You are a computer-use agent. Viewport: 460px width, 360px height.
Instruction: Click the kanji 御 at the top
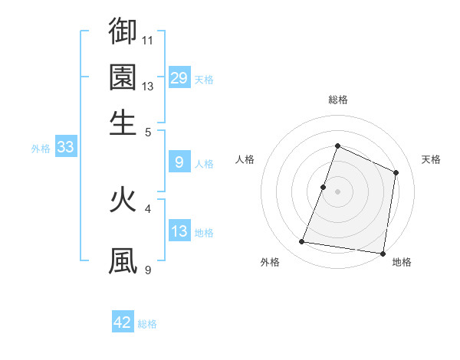click(x=123, y=31)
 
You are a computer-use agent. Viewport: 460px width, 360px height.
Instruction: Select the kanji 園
click(x=123, y=77)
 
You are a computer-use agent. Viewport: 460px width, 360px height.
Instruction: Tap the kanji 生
click(x=123, y=123)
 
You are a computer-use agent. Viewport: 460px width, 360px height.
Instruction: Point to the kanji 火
click(x=123, y=200)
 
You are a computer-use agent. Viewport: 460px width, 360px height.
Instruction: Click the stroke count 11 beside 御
click(x=149, y=40)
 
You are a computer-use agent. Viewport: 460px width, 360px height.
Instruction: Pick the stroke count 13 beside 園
click(x=149, y=86)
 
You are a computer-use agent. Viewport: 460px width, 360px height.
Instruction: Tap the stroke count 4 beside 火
click(x=149, y=208)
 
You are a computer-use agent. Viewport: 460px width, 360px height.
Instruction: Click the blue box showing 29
click(x=179, y=78)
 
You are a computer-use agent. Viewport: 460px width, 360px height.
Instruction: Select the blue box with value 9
click(x=179, y=162)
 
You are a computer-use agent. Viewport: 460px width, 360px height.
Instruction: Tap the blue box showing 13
click(x=179, y=231)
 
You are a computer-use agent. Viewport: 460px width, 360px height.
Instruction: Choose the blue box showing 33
click(x=65, y=148)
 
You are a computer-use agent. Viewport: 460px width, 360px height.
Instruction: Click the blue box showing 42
click(x=123, y=322)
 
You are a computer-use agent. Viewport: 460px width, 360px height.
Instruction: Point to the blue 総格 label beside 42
click(x=147, y=324)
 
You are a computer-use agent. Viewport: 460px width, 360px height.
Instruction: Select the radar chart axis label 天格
click(x=431, y=159)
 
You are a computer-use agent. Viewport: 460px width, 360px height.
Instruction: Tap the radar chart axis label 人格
click(x=245, y=159)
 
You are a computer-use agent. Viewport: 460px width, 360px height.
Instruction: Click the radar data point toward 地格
click(x=383, y=254)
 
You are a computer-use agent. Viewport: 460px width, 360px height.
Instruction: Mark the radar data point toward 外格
click(x=302, y=242)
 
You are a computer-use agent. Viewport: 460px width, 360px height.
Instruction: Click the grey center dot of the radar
click(x=337, y=191)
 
